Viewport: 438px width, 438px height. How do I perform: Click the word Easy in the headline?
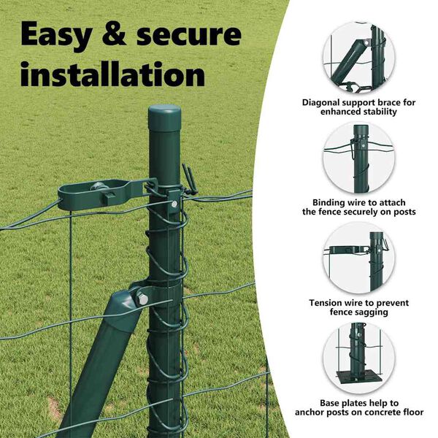click(x=56, y=36)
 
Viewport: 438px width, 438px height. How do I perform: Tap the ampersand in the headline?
click(x=114, y=34)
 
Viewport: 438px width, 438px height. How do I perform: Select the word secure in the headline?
click(x=188, y=35)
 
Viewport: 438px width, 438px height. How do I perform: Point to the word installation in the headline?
click(x=113, y=74)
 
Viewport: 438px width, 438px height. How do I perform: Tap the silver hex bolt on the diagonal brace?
click(x=142, y=299)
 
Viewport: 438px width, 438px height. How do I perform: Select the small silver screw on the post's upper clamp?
click(x=174, y=204)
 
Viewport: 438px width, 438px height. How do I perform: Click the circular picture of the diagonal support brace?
click(x=359, y=58)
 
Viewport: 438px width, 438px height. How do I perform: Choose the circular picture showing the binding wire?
click(x=359, y=158)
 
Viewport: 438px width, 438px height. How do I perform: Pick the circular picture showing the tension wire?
click(x=359, y=258)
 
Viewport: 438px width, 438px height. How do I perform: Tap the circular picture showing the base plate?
click(x=359, y=358)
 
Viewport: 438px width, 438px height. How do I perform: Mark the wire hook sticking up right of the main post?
click(x=188, y=179)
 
